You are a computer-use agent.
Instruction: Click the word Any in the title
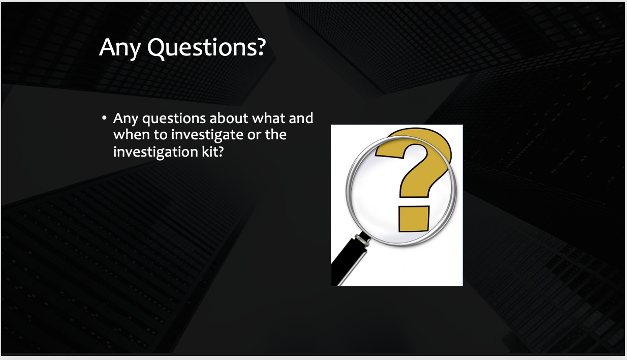pyautogui.click(x=120, y=48)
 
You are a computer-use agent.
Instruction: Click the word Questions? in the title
pyautogui.click(x=207, y=48)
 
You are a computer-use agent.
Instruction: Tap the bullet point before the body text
pyautogui.click(x=104, y=118)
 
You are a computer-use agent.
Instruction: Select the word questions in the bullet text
pyautogui.click(x=174, y=119)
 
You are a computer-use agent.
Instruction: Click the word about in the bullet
pyautogui.click(x=229, y=118)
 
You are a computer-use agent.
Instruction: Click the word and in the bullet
pyautogui.click(x=301, y=118)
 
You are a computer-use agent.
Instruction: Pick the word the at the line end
pyautogui.click(x=276, y=134)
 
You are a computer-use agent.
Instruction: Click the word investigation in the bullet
pyautogui.click(x=155, y=153)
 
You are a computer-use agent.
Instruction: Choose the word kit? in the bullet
pyautogui.click(x=213, y=152)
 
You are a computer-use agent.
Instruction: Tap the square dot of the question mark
pyautogui.click(x=414, y=219)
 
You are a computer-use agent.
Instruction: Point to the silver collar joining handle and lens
pyautogui.click(x=363, y=240)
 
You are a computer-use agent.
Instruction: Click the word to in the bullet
pyautogui.click(x=161, y=135)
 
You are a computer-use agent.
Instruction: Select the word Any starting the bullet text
pyautogui.click(x=126, y=119)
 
